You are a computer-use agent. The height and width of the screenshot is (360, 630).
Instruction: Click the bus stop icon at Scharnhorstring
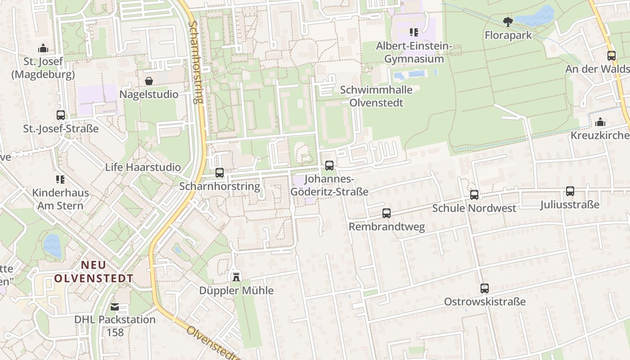(219, 172)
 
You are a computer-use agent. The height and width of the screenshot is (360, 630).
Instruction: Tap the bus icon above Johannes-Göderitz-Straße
(329, 166)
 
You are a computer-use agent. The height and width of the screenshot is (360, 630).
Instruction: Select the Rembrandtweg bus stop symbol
(387, 213)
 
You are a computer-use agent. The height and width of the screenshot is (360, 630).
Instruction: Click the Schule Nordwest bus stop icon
(474, 195)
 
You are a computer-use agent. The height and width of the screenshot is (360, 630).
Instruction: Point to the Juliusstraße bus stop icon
(570, 191)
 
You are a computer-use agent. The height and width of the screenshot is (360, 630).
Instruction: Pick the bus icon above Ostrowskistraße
(484, 288)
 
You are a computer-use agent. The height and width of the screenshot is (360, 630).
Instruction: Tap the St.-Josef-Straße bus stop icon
(61, 115)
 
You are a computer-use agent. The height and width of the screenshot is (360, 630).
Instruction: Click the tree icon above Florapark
(508, 22)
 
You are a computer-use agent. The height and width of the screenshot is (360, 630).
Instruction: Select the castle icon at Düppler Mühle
(236, 276)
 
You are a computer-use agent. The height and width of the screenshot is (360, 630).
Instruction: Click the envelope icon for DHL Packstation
(115, 307)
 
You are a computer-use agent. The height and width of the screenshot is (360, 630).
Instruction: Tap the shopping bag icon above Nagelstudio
(148, 81)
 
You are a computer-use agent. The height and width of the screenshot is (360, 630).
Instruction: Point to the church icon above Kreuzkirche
(600, 122)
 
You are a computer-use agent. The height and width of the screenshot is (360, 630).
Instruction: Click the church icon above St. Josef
(43, 48)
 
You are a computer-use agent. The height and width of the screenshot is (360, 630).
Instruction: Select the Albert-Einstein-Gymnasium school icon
(414, 32)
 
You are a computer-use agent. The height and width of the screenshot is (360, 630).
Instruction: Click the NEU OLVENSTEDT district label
(94, 271)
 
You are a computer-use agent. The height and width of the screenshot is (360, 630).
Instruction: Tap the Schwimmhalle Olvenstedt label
(376, 96)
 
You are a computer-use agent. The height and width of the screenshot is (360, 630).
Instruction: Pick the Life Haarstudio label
(143, 167)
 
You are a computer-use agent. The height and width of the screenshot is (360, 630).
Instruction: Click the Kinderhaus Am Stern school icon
(60, 180)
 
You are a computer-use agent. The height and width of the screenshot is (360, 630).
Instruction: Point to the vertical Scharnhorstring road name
(196, 62)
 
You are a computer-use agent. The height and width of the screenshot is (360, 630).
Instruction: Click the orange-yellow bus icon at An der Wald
(611, 56)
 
